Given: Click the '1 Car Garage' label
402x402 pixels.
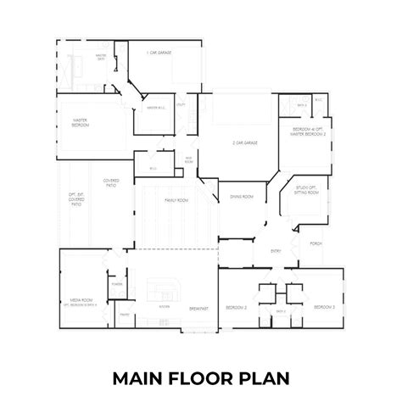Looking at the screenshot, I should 159,53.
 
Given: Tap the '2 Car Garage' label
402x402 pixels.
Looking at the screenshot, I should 245,143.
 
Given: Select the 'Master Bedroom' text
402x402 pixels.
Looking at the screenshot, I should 81,124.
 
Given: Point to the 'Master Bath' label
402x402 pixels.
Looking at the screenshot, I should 101,57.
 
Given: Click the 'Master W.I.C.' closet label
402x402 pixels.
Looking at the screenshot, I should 154,108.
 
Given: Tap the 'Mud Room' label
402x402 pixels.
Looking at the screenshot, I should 188,160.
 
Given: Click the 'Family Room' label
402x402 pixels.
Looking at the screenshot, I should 176,200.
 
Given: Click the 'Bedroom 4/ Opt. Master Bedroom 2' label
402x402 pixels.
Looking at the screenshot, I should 310,131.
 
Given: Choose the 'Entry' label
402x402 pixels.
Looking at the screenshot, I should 276,251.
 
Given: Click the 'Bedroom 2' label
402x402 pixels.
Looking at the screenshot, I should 236,306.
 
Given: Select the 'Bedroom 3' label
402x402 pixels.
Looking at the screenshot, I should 324,306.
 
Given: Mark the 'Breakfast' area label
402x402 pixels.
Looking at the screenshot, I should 198,307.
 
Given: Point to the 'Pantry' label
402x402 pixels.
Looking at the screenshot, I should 125,315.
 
